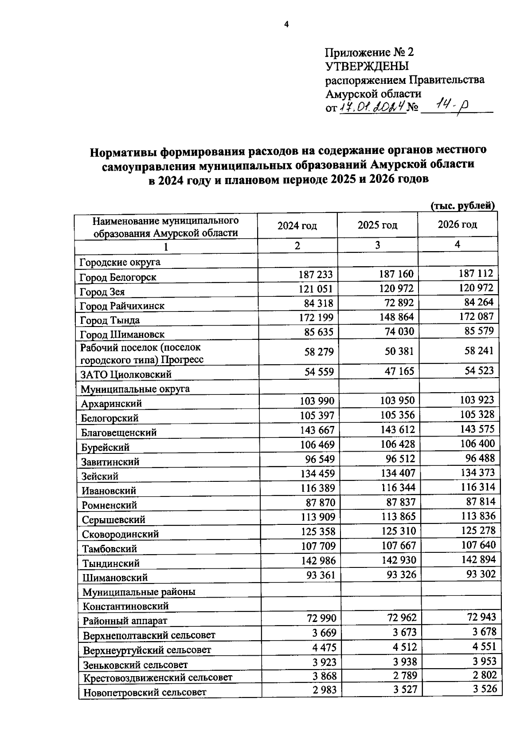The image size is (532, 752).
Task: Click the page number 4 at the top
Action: [286, 24]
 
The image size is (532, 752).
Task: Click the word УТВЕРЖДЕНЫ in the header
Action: [367, 67]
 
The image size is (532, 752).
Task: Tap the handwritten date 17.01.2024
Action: [373, 107]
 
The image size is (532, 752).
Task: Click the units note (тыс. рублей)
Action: [462, 205]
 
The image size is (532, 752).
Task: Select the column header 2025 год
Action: [377, 225]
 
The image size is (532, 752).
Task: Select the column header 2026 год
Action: [457, 224]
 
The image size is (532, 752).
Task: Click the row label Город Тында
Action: [110, 320]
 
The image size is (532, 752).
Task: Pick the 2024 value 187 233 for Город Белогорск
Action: [315, 275]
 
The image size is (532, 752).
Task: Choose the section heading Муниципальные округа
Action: [135, 389]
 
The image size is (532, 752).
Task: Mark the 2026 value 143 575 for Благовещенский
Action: [477, 429]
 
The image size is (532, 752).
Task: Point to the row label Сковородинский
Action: [120, 534]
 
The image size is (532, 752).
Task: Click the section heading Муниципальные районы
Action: [139, 592]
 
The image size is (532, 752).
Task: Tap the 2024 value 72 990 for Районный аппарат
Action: [321, 618]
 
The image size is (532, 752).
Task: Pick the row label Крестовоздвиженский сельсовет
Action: [157, 677]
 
